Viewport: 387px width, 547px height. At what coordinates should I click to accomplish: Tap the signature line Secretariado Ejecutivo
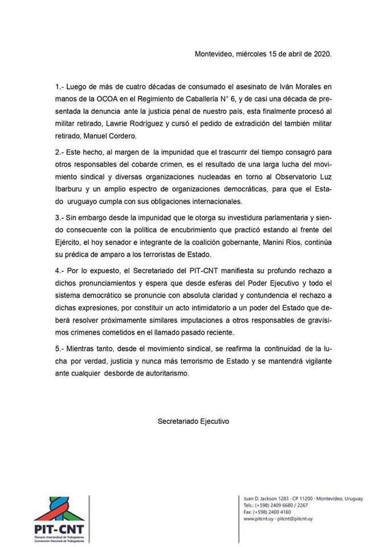tap(193, 421)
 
